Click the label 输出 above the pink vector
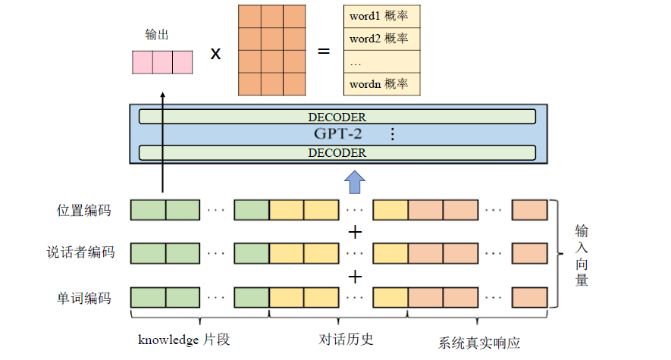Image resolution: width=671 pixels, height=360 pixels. [x=156, y=35]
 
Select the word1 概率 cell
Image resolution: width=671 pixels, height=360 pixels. [x=381, y=16]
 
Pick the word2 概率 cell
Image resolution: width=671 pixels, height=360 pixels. [x=381, y=39]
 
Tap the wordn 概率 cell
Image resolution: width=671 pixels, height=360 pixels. [x=381, y=84]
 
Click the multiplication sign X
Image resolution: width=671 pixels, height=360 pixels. [x=215, y=54]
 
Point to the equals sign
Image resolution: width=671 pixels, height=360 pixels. [x=325, y=52]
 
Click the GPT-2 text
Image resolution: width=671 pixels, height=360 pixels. [x=337, y=134]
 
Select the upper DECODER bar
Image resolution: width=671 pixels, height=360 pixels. [x=337, y=117]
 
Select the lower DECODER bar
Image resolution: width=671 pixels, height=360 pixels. [x=337, y=152]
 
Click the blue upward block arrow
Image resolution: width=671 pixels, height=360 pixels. [x=355, y=183]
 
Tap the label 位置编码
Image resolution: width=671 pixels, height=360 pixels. [x=83, y=210]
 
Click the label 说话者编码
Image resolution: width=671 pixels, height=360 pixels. [x=80, y=252]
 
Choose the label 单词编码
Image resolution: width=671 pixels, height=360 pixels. [x=83, y=298]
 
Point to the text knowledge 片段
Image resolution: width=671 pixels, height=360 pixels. [x=183, y=340]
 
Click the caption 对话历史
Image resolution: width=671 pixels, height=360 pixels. [x=346, y=339]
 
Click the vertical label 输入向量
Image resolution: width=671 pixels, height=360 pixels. [x=581, y=255]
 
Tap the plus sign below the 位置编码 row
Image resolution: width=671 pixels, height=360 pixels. [x=355, y=231]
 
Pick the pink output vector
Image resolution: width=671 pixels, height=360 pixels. [x=162, y=62]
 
